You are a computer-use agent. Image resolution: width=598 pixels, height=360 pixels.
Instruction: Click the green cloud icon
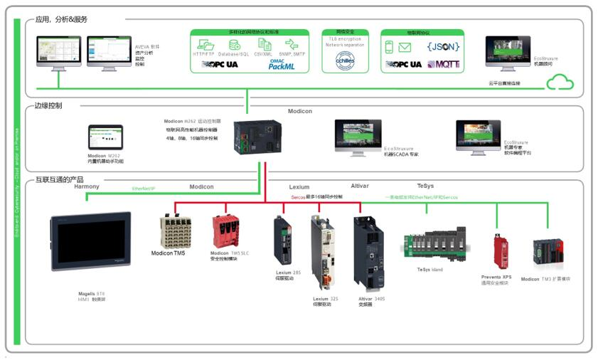(x=560, y=83)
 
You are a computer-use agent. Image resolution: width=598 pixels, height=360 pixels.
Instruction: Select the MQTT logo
(x=443, y=64)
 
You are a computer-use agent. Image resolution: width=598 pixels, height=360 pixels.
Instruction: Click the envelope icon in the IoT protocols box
(x=405, y=48)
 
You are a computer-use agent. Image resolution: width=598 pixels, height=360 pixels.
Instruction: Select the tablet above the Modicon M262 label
(x=105, y=137)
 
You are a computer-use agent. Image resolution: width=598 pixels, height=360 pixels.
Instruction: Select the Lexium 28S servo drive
(x=282, y=240)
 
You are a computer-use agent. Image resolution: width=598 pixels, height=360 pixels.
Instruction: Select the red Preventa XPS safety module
(x=501, y=251)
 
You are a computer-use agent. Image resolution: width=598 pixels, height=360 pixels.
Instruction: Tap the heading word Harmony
(x=87, y=187)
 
